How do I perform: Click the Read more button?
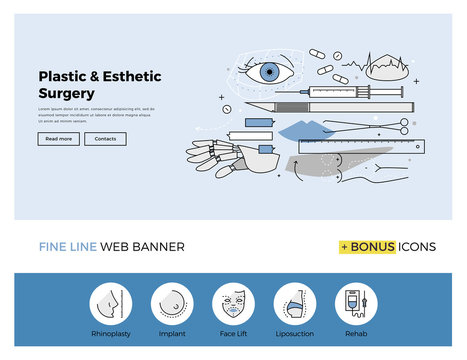click(59, 139)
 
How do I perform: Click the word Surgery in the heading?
click(67, 92)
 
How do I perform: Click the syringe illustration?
click(330, 91)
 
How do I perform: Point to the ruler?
click(355, 146)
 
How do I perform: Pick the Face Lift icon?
click(233, 302)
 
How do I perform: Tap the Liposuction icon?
click(295, 302)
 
